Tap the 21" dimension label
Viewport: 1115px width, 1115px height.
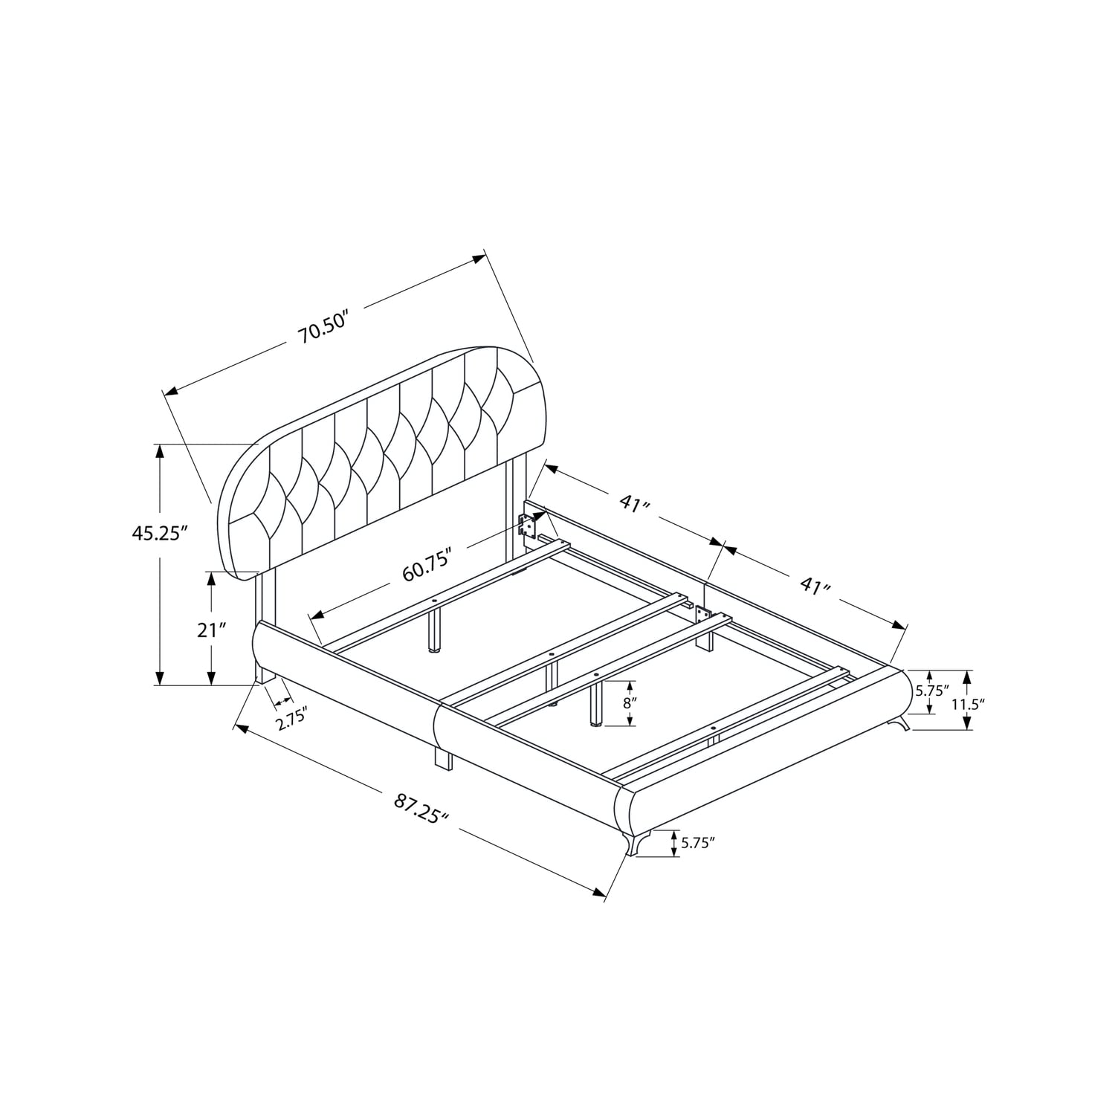[x=212, y=630]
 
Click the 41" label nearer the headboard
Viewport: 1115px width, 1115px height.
[x=635, y=503]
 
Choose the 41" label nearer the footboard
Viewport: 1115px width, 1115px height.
[x=815, y=586]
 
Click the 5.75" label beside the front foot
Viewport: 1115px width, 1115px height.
[x=698, y=842]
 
